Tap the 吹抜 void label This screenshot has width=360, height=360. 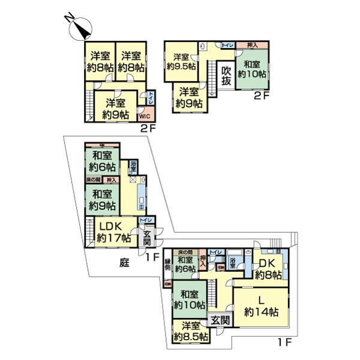click(226, 76)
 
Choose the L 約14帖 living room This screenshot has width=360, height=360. click(261, 307)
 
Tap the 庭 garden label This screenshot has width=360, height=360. click(124, 262)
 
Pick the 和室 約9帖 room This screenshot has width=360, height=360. click(101, 199)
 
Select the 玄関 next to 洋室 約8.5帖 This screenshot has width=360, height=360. click(220, 320)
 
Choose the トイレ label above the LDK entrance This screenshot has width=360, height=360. click(145, 221)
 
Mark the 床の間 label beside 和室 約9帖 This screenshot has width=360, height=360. click(93, 180)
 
